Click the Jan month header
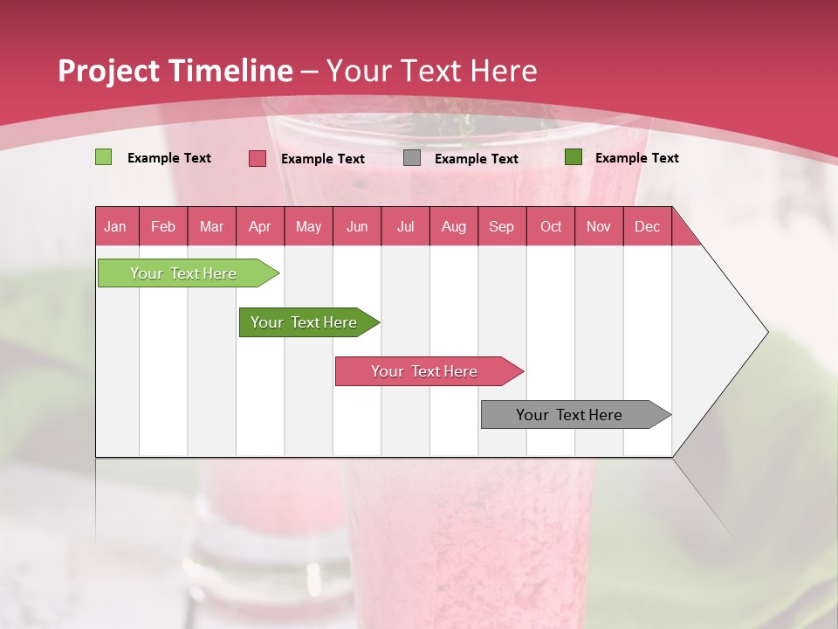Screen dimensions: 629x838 tap(115, 226)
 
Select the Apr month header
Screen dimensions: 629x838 tap(259, 226)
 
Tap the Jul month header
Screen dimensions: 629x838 tap(405, 226)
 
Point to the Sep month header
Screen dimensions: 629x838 tap(501, 226)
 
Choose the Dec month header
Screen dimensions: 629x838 tap(647, 226)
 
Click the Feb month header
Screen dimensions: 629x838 tap(163, 226)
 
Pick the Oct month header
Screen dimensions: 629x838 tap(551, 226)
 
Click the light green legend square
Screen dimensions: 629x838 tap(104, 157)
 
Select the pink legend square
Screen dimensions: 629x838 tap(258, 158)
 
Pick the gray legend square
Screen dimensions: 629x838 tap(412, 158)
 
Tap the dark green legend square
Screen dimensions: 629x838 tap(574, 157)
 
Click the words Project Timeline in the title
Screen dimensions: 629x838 tap(175, 71)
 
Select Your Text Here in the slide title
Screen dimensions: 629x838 tap(431, 71)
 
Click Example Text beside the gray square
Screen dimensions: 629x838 tap(476, 158)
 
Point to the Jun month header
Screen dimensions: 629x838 tap(357, 226)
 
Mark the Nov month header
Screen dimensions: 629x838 tap(599, 226)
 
